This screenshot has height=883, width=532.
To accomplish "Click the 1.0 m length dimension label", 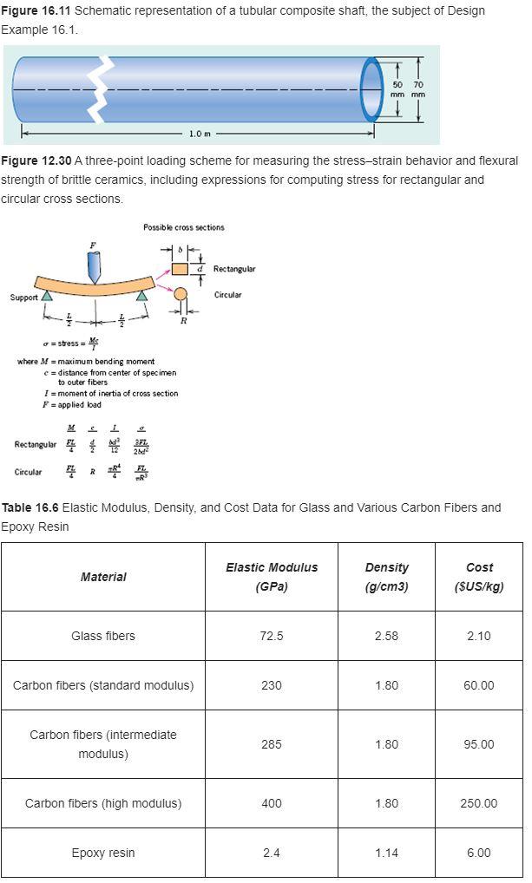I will tap(199, 133).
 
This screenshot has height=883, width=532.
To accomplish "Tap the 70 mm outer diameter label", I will tap(418, 89).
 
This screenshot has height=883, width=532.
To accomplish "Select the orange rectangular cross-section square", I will tap(180, 269).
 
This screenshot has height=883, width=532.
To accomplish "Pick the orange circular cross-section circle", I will tap(181, 294).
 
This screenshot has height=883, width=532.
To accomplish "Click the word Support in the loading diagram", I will tap(23, 298).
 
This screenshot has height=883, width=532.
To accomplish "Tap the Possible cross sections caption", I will tap(184, 227).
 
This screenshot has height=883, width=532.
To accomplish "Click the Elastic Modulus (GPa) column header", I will tap(272, 577).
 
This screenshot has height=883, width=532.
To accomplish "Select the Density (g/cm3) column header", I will tap(386, 577).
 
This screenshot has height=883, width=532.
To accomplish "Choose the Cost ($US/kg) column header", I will tap(479, 577).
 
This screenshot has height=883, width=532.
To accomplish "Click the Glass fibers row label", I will tap(103, 636).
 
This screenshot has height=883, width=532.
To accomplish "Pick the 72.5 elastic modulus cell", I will tap(272, 636).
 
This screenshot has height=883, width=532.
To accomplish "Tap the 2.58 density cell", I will tap(386, 636).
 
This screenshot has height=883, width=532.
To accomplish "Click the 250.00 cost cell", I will tap(479, 803).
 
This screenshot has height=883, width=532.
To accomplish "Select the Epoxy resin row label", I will tap(103, 853).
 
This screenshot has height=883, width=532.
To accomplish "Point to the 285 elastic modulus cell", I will tap(272, 744).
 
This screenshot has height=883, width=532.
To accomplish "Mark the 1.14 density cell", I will tap(386, 853).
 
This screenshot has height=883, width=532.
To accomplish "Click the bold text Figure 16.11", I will tap(36, 10).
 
